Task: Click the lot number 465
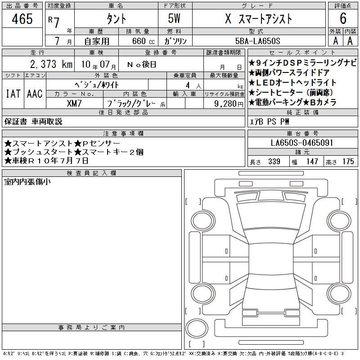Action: pyautogui.click(x=22, y=19)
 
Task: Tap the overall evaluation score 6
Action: pyautogui.click(x=343, y=18)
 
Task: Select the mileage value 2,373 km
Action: pyautogui.click(x=51, y=64)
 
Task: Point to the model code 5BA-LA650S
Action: pyautogui.click(x=257, y=41)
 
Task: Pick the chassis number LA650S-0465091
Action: pyautogui.click(x=301, y=143)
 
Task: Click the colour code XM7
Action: pyautogui.click(x=74, y=103)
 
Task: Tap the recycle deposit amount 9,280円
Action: pyautogui.click(x=229, y=104)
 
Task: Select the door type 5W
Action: pyautogui.click(x=174, y=18)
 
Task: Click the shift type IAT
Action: pyautogui.click(x=13, y=94)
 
